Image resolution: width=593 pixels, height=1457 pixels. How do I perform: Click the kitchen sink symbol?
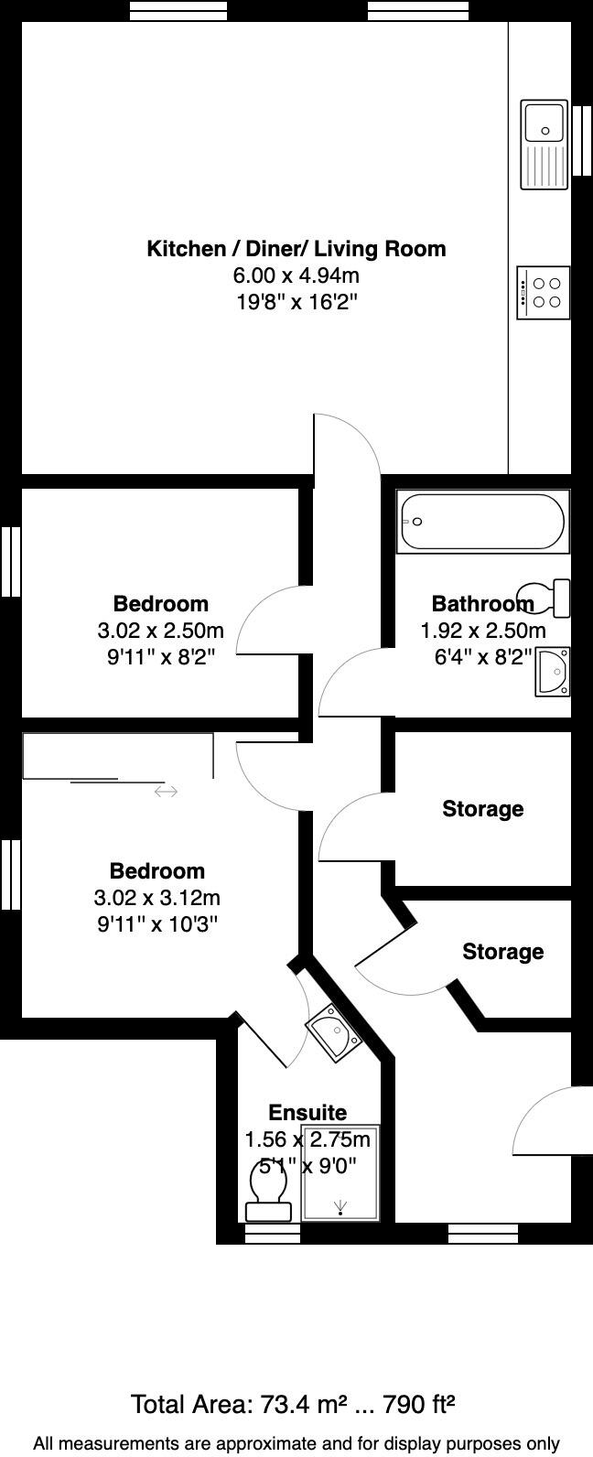(x=544, y=145)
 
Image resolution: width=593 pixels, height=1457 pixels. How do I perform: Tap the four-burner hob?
(x=544, y=293)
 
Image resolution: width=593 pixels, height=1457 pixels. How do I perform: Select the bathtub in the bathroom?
(x=482, y=523)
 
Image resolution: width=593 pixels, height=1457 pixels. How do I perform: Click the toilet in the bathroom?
(x=548, y=598)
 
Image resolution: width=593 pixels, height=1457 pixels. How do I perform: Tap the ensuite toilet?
(x=269, y=1191)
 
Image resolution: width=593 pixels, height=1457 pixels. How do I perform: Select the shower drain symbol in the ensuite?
(x=341, y=1207)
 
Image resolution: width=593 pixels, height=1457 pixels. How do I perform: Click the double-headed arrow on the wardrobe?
(x=166, y=792)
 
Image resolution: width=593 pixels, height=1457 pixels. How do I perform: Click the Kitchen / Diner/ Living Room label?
(x=296, y=249)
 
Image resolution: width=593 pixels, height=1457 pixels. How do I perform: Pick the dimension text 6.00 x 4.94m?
(x=296, y=275)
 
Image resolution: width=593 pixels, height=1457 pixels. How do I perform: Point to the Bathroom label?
(x=482, y=604)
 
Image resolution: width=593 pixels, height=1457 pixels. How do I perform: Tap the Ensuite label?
(x=307, y=1113)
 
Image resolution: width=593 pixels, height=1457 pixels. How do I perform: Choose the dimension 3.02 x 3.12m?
(x=156, y=898)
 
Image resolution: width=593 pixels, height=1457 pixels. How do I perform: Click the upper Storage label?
(x=482, y=809)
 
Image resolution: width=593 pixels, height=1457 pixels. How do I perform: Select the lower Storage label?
(x=502, y=952)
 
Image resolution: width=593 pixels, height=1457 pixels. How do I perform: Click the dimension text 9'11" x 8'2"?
(x=160, y=657)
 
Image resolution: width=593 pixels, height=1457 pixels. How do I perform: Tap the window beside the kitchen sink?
(x=582, y=140)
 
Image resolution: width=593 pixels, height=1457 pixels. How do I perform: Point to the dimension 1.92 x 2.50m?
(x=482, y=631)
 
